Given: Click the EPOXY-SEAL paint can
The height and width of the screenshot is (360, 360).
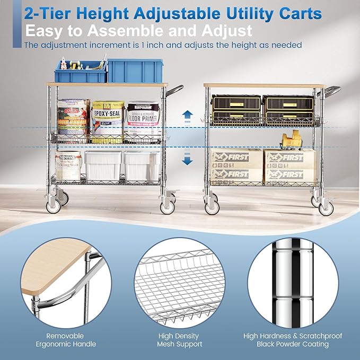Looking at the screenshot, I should [x=108, y=121].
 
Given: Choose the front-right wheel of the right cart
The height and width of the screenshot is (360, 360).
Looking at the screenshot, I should [x=326, y=207].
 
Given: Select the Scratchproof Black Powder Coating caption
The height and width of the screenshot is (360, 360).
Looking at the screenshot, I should [x=293, y=340].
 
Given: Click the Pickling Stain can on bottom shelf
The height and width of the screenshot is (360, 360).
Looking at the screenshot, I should [x=68, y=165].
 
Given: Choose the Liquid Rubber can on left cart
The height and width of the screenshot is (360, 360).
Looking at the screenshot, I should [x=73, y=120].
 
